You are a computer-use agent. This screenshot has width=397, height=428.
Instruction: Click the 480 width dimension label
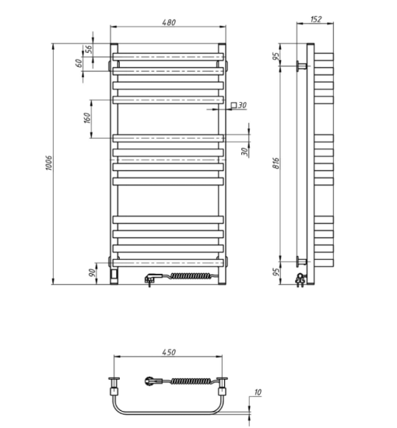click(169, 22)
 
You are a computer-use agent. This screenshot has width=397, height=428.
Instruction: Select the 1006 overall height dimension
click(48, 163)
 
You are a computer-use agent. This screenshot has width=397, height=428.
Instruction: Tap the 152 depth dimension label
click(316, 19)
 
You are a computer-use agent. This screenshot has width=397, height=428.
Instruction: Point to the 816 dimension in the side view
click(276, 163)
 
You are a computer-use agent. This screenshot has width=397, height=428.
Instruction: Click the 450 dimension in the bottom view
click(169, 352)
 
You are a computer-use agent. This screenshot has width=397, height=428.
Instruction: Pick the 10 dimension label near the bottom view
click(258, 392)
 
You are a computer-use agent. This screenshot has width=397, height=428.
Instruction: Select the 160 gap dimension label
click(87, 118)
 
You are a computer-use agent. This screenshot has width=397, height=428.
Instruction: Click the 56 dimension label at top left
click(89, 49)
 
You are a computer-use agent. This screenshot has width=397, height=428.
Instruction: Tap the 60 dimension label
click(79, 63)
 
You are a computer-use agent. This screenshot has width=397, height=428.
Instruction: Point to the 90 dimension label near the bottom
click(93, 272)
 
